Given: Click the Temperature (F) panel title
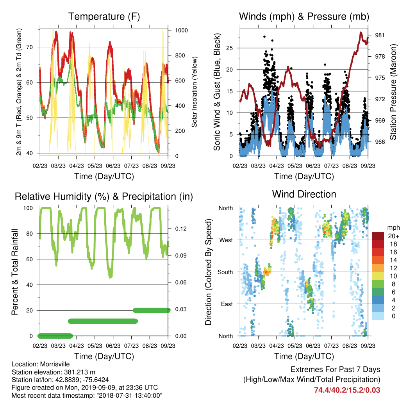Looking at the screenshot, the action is pyautogui.click(x=104, y=16).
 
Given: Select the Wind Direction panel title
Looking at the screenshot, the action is pyautogui.click(x=304, y=194).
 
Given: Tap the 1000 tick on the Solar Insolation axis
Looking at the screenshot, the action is pyautogui.click(x=181, y=30).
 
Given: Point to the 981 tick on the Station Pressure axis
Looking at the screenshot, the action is pyautogui.click(x=380, y=35).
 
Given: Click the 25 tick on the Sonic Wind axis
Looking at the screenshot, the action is pyautogui.click(x=230, y=48).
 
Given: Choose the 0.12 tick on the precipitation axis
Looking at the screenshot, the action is pyautogui.click(x=180, y=229).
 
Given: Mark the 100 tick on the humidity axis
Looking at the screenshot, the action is pyautogui.click(x=28, y=208).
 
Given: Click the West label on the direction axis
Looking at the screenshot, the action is pyautogui.click(x=226, y=240).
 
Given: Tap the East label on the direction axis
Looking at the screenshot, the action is pyautogui.click(x=227, y=304).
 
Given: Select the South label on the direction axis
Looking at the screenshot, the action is pyautogui.click(x=225, y=272).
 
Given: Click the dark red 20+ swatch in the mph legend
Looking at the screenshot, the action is pyautogui.click(x=378, y=236).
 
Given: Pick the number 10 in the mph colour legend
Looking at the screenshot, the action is pyautogui.click(x=393, y=276).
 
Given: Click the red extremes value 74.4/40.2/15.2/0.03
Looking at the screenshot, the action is pyautogui.click(x=347, y=390).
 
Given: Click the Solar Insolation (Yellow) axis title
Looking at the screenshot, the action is pyautogui.click(x=195, y=92).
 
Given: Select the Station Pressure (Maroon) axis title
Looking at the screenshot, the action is pyautogui.click(x=393, y=92).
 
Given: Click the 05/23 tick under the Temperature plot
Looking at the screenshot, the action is pyautogui.click(x=95, y=166).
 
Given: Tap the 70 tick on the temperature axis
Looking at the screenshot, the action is pyautogui.click(x=30, y=47).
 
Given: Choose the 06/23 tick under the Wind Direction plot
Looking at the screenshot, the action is pyautogui.click(x=313, y=346).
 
